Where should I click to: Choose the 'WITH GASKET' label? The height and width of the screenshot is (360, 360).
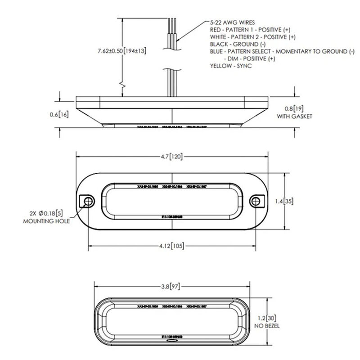(x=296, y=117)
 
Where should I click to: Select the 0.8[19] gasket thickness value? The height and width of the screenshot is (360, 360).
(x=296, y=108)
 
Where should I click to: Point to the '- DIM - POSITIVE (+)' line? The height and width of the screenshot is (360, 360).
(x=249, y=58)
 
